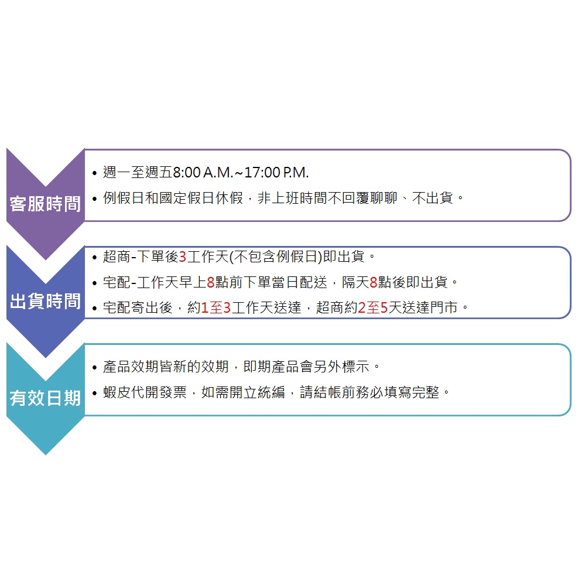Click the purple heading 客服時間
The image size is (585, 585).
45,204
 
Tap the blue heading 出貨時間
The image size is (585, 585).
45,301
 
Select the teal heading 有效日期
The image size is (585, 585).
45,398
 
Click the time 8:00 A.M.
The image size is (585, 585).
203,173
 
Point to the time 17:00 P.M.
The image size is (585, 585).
276,173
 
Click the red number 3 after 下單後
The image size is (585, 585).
183,257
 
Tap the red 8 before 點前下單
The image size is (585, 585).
210,282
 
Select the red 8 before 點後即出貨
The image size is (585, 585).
374,282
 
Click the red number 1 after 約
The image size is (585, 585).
204,308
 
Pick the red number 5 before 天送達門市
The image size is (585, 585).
384,308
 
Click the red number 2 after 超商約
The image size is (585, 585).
362,308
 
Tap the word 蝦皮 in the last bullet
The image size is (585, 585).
117,392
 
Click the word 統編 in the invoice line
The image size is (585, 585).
271,392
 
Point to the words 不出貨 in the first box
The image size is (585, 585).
433,198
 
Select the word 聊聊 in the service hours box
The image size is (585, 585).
384,198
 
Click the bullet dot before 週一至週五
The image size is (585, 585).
94,173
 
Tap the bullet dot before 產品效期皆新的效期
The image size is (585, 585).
94,368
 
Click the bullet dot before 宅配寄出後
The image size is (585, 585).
94,309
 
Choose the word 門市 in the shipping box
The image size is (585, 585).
444,308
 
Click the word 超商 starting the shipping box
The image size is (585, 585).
117,257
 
